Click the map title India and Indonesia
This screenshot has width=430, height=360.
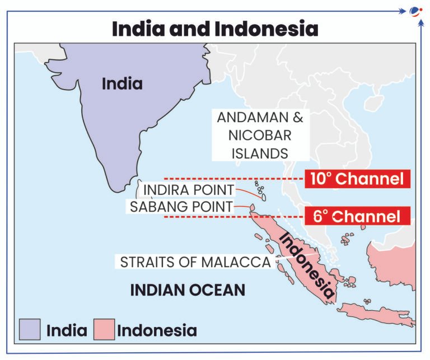(x=215, y=29)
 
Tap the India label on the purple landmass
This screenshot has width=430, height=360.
(x=122, y=84)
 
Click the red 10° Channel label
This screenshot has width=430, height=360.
(x=357, y=179)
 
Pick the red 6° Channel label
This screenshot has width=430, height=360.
(x=357, y=216)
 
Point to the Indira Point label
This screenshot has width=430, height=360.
(x=189, y=189)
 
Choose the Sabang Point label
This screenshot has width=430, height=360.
(x=181, y=206)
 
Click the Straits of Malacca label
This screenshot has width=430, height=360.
(x=195, y=261)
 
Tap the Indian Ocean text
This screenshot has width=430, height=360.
(x=188, y=290)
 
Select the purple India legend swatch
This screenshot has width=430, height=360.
(x=30, y=330)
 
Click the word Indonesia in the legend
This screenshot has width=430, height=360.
(x=157, y=330)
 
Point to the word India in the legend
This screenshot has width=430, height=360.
(x=67, y=330)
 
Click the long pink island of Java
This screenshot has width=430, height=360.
(x=375, y=314)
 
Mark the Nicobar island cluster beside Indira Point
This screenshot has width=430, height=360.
(x=261, y=190)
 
